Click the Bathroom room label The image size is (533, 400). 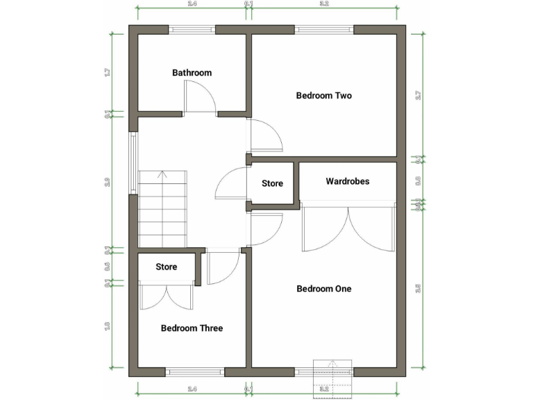click(x=192, y=73)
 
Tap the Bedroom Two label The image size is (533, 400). click(x=323, y=96)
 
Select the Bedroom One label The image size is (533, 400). click(x=323, y=289)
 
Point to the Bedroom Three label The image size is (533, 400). click(x=192, y=328)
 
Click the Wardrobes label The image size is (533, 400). click(x=347, y=181)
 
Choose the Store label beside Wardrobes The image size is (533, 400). click(x=272, y=184)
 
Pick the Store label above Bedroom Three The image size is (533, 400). click(x=167, y=267)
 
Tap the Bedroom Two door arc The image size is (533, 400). click(x=267, y=135)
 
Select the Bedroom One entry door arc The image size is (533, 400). click(x=267, y=229)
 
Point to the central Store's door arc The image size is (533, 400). click(x=230, y=184)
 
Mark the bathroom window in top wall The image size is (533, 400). click(x=192, y=30)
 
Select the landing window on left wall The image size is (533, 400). click(x=133, y=162)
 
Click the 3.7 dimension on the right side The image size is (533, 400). click(x=418, y=95)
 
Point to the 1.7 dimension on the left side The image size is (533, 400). click(x=108, y=72)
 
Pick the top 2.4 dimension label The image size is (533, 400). click(x=192, y=4)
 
